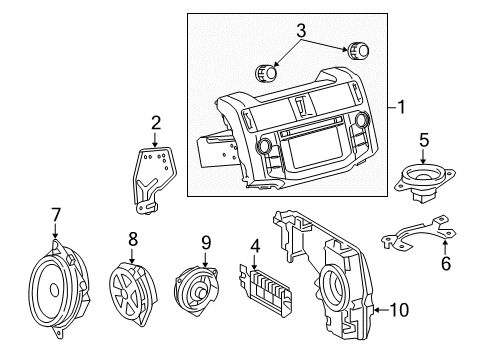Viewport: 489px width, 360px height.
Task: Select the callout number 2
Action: click(156, 123)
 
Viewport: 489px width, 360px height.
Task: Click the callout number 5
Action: click(424, 140)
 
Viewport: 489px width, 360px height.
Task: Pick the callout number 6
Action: click(446, 263)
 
